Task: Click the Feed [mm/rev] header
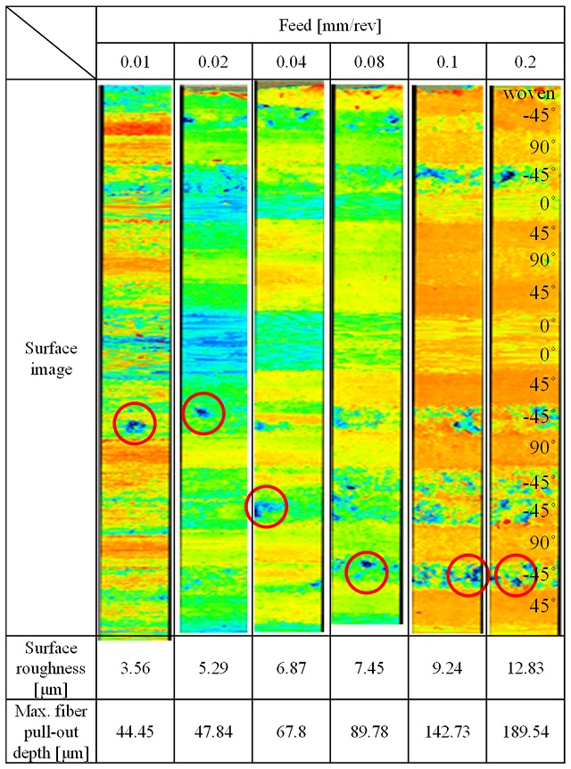click(x=331, y=26)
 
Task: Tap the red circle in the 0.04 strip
click(x=266, y=507)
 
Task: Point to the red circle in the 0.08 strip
click(x=367, y=572)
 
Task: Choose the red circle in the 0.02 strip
click(x=203, y=413)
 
